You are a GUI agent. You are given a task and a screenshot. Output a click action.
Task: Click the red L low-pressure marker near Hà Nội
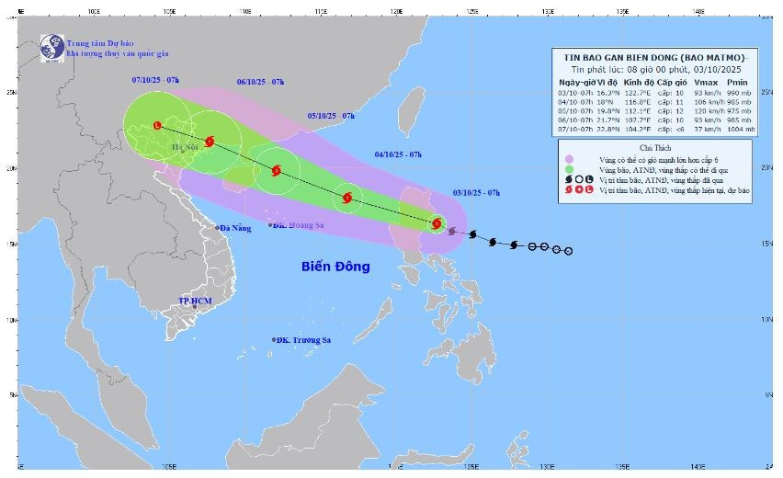click(x=157, y=126)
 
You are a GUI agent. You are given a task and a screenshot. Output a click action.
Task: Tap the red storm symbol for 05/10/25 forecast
click(x=276, y=170)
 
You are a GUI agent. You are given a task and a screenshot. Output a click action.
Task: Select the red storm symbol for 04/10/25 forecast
click(x=347, y=198)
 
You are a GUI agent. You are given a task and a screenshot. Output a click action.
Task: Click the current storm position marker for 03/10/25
click(x=437, y=223)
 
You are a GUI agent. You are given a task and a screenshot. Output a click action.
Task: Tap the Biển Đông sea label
click(x=335, y=267)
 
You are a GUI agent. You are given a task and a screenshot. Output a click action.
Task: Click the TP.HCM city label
click(x=196, y=302)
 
